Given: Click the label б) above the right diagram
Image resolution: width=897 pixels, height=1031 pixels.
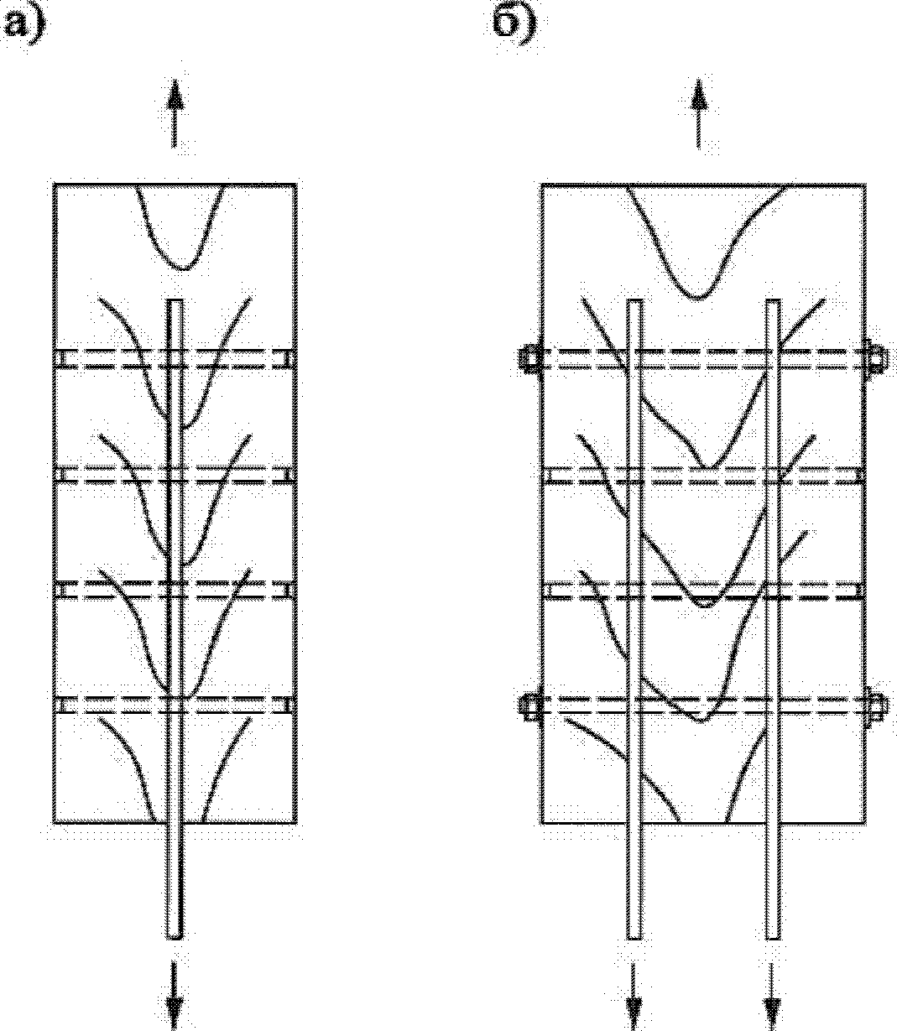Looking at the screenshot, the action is coord(515,24).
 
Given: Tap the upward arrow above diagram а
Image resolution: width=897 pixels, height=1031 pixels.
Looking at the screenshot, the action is coord(175,113).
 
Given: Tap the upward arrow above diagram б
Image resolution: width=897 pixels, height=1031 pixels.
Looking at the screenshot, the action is coord(698,113).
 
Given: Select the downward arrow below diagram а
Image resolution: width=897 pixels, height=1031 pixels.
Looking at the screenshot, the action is coord(175,995).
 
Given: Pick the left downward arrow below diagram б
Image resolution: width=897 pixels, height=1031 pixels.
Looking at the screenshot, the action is coord(634,995).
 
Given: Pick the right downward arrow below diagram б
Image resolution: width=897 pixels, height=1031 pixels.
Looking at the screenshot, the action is coord(772,995).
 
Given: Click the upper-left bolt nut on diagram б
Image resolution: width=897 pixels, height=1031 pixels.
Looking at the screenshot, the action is coord(529,357).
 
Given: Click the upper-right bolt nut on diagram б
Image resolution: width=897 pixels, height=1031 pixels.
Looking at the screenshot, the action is coord(876,357).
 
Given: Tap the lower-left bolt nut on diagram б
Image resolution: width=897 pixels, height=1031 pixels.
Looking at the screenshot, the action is coord(529,706).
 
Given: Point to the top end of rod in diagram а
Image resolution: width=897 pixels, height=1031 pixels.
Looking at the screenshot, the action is coord(175,301).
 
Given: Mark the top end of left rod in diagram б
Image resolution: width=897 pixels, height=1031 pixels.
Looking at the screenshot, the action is coord(635,301).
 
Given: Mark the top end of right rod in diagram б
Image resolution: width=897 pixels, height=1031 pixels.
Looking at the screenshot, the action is coord(773,301).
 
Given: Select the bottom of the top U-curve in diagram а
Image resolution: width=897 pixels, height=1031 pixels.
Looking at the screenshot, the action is coord(184,268).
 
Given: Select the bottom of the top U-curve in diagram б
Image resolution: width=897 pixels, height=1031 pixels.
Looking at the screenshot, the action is coord(699,298).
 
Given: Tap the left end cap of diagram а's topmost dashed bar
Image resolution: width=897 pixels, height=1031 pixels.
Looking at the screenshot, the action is coord(60,359).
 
